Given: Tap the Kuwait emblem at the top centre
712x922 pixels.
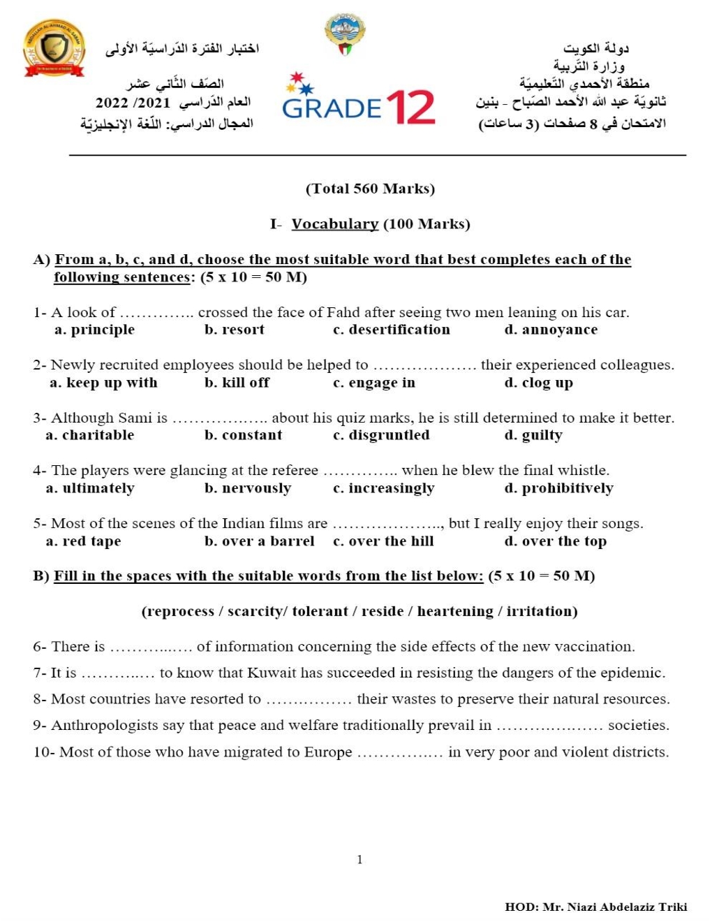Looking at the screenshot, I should tap(345, 34).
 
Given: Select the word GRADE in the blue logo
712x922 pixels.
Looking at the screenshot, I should tap(332, 109).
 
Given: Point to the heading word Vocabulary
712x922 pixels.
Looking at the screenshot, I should tap(334, 224).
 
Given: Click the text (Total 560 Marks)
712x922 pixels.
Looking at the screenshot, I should tap(370, 189).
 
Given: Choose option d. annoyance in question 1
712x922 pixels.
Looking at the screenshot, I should tap(551, 330).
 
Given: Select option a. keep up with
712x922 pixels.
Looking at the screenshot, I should tap(103, 383).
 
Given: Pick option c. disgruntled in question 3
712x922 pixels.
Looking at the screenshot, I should tap(381, 435).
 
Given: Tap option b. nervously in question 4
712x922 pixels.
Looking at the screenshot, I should tap(248, 488).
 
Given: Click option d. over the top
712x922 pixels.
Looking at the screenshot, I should tap(556, 541).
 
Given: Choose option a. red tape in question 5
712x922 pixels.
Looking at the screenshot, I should tap(83, 541).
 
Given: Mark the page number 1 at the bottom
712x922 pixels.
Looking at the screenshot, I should tap(359, 860).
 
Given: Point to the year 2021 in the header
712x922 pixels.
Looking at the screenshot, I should tap(153, 103).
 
